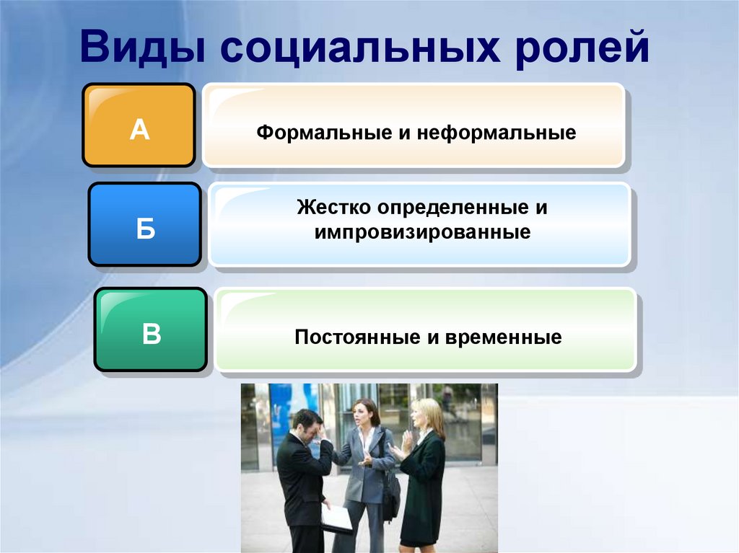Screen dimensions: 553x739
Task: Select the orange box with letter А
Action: click(139, 125)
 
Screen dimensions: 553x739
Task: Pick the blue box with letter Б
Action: click(145, 224)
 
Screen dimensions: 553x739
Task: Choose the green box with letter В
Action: click(151, 329)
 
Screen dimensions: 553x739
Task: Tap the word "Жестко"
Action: click(333, 208)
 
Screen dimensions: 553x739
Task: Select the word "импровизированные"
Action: click(422, 233)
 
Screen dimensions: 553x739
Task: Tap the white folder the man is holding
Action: click(336, 518)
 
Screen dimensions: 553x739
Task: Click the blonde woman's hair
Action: click(431, 417)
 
